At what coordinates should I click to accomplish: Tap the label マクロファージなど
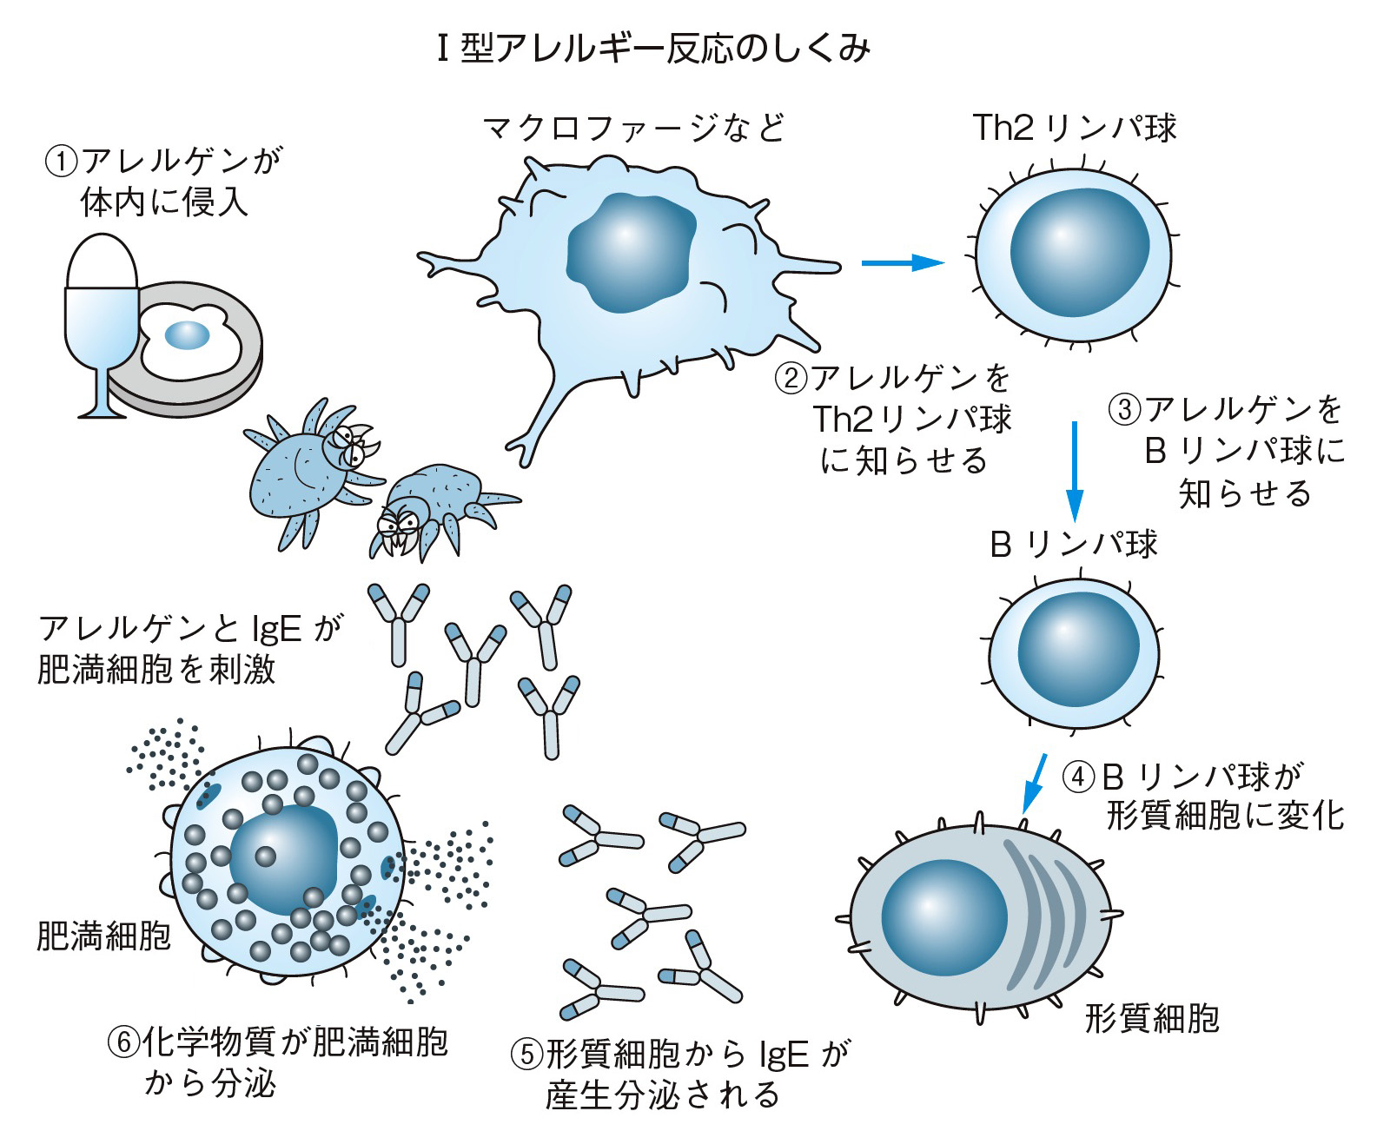point(634,129)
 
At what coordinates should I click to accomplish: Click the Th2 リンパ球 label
point(1074,128)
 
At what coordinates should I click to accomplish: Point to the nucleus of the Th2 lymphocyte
point(1078,252)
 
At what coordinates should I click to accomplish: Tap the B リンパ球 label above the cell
point(1074,545)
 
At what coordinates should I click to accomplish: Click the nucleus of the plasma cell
point(943,917)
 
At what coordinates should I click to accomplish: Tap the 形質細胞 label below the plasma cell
point(1152,1018)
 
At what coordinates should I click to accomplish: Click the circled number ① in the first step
point(61,162)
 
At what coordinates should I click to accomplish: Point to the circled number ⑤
point(526,1055)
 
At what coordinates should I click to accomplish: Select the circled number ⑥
point(122,1042)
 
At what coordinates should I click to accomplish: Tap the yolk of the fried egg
point(188,334)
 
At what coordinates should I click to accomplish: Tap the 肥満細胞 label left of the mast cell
point(103,936)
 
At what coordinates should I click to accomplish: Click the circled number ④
point(1079,776)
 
